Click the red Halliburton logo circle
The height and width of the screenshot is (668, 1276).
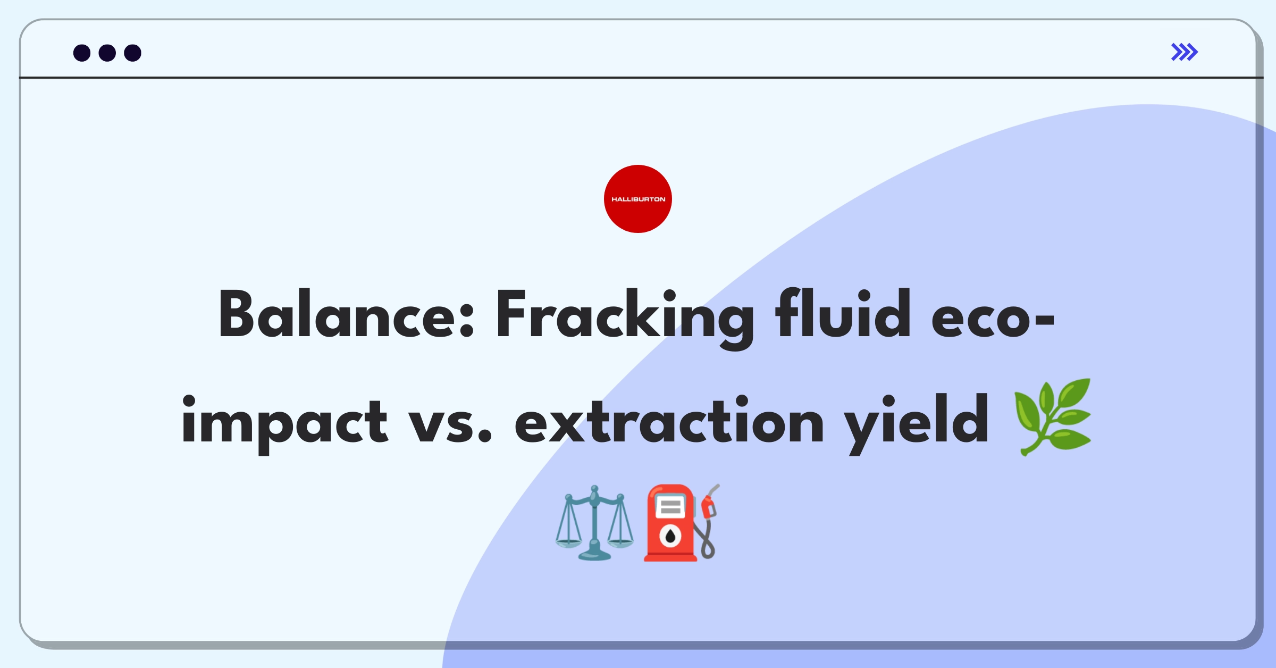pyautogui.click(x=638, y=199)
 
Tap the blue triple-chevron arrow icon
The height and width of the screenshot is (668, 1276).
pyautogui.click(x=1185, y=52)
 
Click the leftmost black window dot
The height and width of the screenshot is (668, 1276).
pyautogui.click(x=82, y=53)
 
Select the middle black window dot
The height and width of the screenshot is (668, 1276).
pyautogui.click(x=107, y=53)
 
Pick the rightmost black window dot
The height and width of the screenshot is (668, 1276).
pyautogui.click(x=133, y=53)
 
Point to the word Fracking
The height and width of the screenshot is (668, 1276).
pyautogui.click(x=625, y=318)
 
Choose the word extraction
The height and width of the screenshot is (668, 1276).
pyautogui.click(x=669, y=420)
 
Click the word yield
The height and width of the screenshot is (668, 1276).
pyautogui.click(x=917, y=424)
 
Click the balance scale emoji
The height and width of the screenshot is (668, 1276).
pyautogui.click(x=594, y=523)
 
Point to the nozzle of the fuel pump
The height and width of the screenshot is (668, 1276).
pyautogui.click(x=710, y=503)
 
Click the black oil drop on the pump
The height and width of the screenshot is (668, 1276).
pyautogui.click(x=670, y=537)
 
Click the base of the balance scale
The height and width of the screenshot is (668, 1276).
pyautogui.click(x=594, y=555)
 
